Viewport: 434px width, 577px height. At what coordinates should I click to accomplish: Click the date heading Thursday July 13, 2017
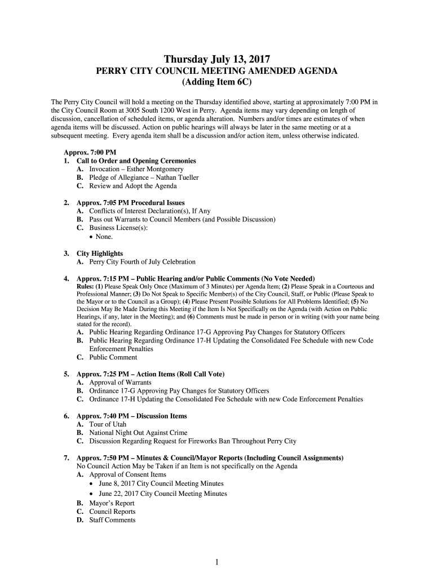[x=217, y=59]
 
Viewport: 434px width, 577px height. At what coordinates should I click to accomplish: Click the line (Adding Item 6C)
[x=217, y=82]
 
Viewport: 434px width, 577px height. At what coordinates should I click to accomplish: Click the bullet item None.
[x=104, y=237]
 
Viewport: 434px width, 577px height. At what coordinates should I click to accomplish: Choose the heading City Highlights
[x=100, y=254]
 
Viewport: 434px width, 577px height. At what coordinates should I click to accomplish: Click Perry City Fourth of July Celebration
[x=142, y=262]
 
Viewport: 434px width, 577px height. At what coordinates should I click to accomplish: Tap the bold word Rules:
[x=85, y=287]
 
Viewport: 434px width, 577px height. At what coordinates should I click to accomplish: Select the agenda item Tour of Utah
[x=108, y=424]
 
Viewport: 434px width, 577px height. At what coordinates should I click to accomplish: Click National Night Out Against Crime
[x=138, y=433]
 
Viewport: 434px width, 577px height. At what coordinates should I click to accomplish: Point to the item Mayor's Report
[x=112, y=503]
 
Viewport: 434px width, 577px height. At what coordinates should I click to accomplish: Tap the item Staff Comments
[x=112, y=520]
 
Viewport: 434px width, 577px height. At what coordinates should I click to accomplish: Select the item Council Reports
[x=112, y=512]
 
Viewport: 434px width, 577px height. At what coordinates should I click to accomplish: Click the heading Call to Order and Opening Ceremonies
[x=136, y=161]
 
